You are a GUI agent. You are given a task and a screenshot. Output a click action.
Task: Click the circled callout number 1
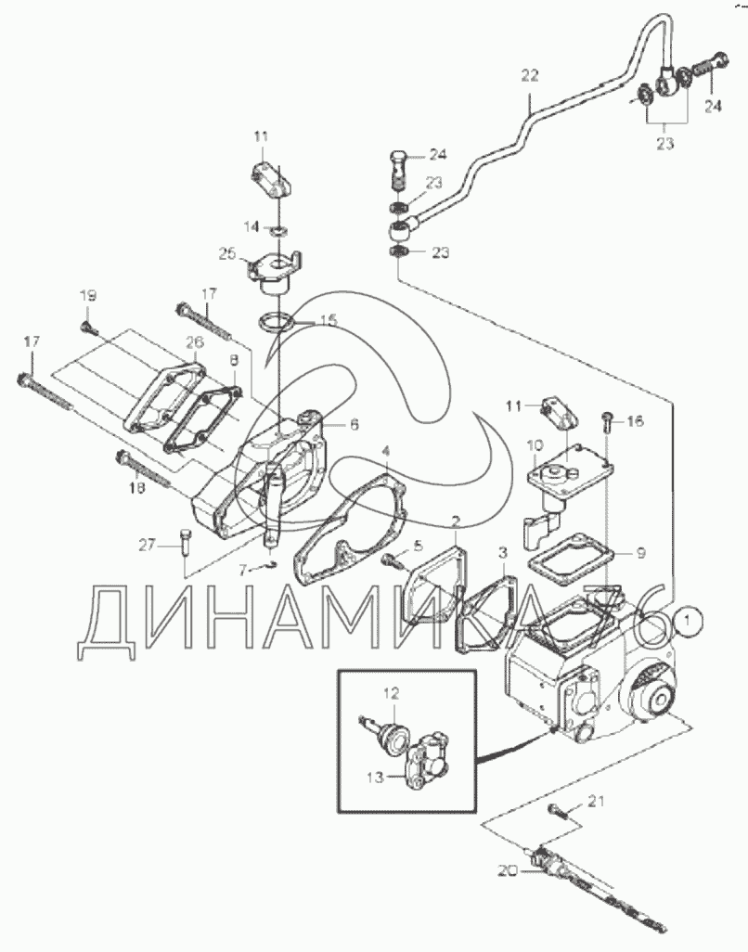click(x=686, y=615)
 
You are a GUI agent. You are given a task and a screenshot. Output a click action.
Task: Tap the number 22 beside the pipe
click(x=529, y=77)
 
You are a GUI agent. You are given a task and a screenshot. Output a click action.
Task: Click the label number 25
click(x=227, y=252)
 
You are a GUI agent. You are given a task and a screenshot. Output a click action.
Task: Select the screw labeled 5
click(x=393, y=558)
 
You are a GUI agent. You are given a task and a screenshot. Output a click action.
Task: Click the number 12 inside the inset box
click(x=392, y=691)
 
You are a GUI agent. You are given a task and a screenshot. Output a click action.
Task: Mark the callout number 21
click(x=595, y=800)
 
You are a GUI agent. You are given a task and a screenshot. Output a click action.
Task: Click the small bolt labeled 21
click(x=559, y=812)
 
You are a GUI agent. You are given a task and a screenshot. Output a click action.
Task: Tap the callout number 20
click(x=507, y=870)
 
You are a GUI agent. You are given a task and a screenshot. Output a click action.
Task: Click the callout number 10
click(x=535, y=446)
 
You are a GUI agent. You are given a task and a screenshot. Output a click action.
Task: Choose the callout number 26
click(x=193, y=342)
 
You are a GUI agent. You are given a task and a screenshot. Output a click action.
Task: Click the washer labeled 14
click(x=277, y=227)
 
